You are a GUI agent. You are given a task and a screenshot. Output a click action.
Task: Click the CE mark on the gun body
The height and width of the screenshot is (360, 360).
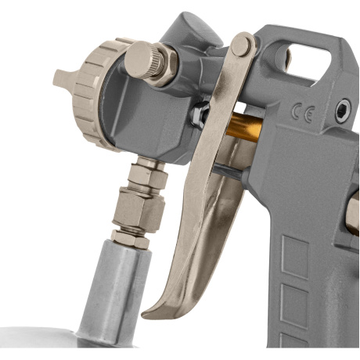(304, 113)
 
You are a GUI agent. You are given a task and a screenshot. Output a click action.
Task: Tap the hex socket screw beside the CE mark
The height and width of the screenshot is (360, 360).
(343, 110)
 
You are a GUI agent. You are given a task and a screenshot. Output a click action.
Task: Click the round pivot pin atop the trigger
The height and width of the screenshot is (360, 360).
(241, 46)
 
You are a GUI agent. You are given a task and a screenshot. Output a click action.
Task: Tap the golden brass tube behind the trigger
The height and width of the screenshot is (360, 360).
(244, 128)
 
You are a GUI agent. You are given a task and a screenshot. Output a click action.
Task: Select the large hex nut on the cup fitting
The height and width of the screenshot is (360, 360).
(139, 209)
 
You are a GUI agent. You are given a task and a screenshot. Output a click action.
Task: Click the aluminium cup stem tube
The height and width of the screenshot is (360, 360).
(113, 292)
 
